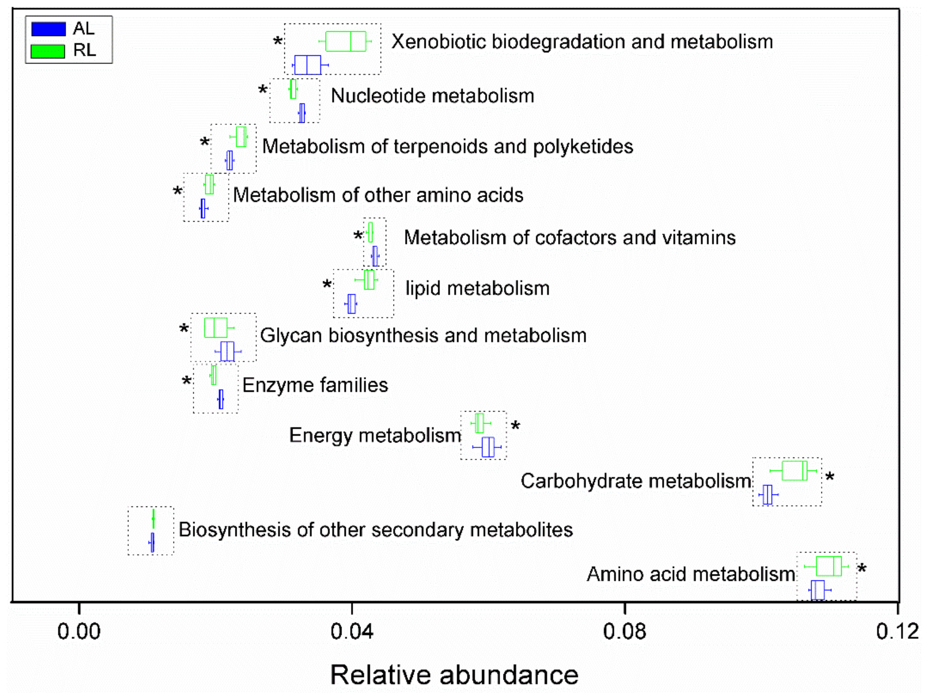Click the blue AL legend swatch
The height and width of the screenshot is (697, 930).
[x=48, y=29]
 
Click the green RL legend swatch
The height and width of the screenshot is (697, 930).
[x=48, y=51]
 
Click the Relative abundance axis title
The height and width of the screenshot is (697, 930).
[x=454, y=675]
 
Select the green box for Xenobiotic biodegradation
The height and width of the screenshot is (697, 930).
[x=346, y=41]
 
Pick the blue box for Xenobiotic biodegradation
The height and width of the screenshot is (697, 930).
[x=307, y=65]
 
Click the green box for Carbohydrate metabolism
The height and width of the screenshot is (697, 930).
[x=794, y=471]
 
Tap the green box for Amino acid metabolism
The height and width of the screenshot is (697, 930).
[x=829, y=566]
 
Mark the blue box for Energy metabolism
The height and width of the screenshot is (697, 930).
[x=488, y=447]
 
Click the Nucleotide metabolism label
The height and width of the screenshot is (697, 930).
[x=432, y=96]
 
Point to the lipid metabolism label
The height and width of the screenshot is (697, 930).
[x=477, y=289]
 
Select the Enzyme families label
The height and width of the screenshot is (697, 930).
[x=315, y=385]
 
